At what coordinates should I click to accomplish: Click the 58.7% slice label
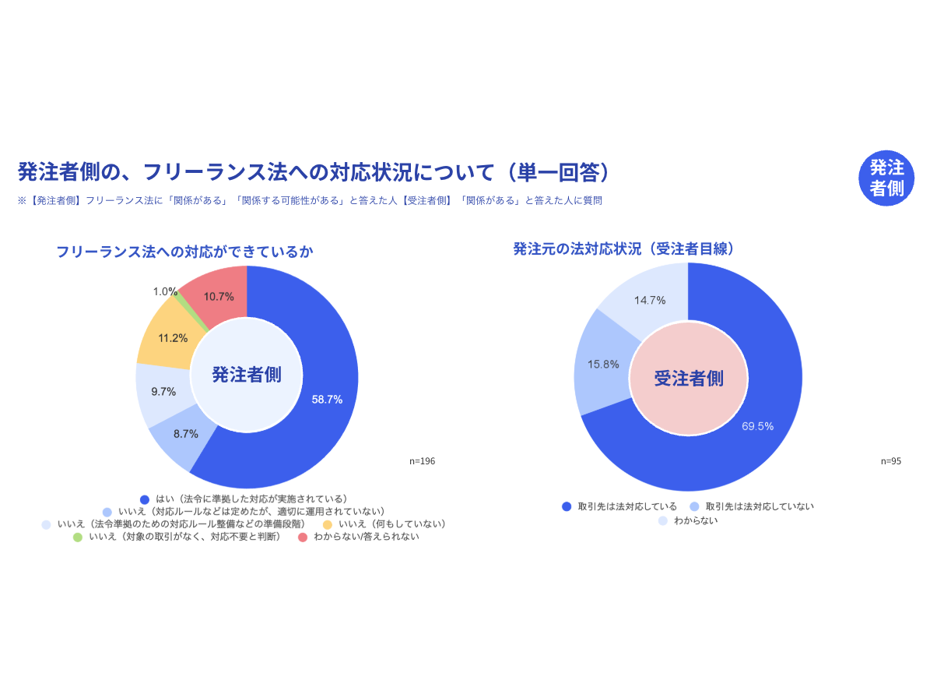coord(327,399)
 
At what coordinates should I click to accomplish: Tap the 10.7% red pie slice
coord(219,296)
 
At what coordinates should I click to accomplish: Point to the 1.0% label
coord(165,291)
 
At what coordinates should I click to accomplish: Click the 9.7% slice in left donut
coord(163,392)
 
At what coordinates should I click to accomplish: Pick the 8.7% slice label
coord(185,433)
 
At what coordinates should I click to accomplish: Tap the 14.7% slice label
coord(650,300)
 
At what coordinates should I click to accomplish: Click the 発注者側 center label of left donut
coord(247,375)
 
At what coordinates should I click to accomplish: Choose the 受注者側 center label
coord(688,379)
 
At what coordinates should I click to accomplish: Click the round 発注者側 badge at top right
coord(886,178)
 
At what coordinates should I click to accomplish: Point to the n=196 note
coord(423,461)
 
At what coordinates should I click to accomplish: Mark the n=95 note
coord(891,461)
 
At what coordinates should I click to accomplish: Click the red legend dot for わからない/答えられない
coord(303,538)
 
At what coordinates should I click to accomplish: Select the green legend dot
coord(78,538)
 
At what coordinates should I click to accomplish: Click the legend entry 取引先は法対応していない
coord(760,506)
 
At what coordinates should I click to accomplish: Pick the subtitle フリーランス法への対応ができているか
coord(184,252)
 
